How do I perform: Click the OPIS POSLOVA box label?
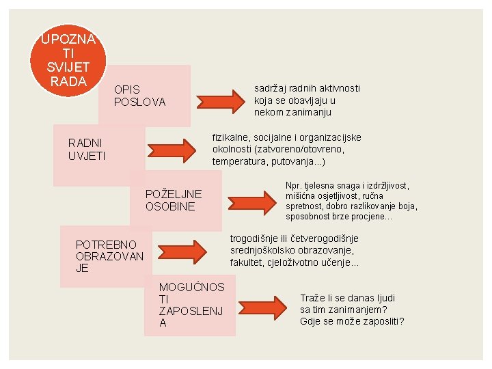pos(139,96)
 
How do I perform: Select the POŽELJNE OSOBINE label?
pos(174,200)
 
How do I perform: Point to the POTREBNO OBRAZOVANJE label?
pos(109,256)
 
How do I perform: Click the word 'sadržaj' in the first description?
pos(271,88)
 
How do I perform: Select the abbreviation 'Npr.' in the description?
pos(295,185)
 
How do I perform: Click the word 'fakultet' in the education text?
pos(249,263)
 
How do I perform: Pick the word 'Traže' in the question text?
pos(314,297)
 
